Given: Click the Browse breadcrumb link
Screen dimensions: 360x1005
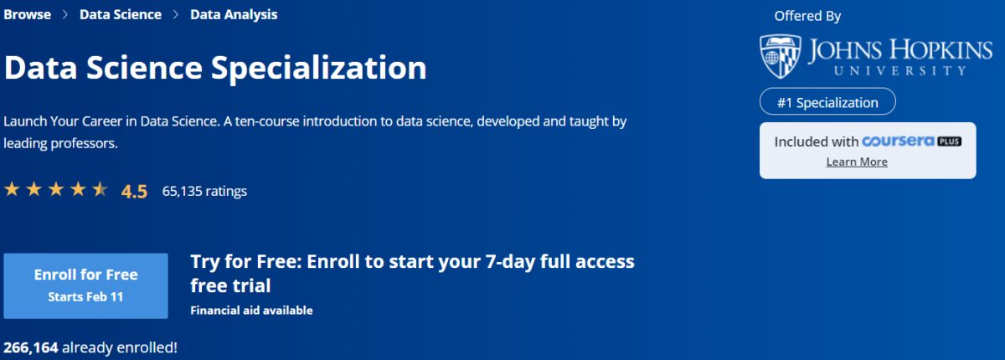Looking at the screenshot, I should coord(27,15).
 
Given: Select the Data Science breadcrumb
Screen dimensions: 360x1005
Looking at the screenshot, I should coord(120,15).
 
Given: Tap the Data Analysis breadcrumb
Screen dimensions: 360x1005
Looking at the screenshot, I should coord(234,15).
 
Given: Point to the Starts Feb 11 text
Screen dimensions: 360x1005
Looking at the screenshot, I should coord(85,296).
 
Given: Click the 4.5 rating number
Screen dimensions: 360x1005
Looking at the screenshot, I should coord(134,192).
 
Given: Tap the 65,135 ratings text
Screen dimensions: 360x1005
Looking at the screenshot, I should coord(204,191).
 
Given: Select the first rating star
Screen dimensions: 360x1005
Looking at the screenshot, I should coord(12,189).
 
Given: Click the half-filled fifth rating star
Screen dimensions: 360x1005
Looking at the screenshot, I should coord(100,189).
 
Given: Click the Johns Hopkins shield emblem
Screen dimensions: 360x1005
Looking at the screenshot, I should coord(779,56).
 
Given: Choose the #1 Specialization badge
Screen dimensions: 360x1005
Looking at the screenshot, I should coord(827,102).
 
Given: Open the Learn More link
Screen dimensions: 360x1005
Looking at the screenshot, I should coord(857,162).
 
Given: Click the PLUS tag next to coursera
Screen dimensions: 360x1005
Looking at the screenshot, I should coord(949,141).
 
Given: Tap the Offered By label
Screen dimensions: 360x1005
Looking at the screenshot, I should coord(807,16).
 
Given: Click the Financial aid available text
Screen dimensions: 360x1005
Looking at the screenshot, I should coord(251,311).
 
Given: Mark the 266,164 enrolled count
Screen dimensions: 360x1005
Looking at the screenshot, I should coord(31,347).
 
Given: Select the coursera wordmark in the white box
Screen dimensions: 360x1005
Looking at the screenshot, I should coord(898,141).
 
